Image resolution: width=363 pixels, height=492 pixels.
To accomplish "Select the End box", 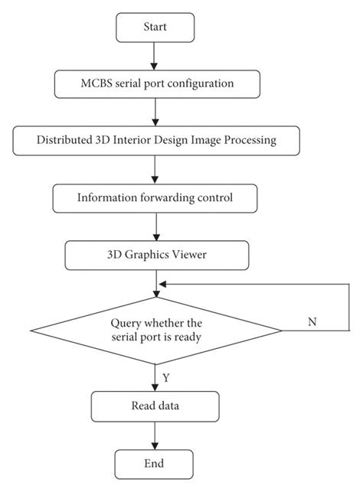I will pyautogui.click(x=153, y=464).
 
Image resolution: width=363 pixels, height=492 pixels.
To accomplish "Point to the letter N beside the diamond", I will pyautogui.click(x=312, y=322).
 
